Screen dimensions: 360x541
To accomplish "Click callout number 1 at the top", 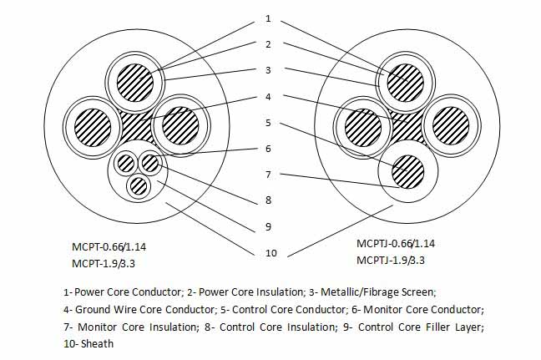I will (268, 18).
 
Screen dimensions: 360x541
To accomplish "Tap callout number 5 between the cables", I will (268, 122).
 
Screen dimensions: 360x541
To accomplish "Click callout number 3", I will (268, 70).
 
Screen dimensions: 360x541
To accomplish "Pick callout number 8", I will (268, 200).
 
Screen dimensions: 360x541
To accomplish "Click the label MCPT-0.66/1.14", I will (114, 246).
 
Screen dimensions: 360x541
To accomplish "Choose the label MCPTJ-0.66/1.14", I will (396, 243).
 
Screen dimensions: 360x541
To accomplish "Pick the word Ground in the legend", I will (91, 309).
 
